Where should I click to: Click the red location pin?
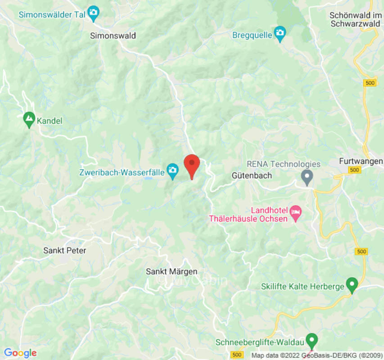point(192,165)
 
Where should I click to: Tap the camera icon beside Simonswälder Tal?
point(94,13)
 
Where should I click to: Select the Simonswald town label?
point(113,36)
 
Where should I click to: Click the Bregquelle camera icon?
point(280,34)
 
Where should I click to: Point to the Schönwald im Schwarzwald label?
point(356,19)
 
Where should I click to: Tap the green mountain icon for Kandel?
point(29,120)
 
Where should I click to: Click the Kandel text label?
point(50,121)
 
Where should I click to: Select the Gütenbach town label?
point(252,175)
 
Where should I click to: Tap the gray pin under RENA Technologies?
point(307,177)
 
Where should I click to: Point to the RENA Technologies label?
point(284,164)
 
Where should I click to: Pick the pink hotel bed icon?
point(295,212)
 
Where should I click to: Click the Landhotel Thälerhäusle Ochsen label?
point(254,215)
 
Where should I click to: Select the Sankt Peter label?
point(64,250)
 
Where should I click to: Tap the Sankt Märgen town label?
point(172,271)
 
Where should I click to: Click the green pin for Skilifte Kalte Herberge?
point(352,284)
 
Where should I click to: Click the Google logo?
point(20,353)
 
